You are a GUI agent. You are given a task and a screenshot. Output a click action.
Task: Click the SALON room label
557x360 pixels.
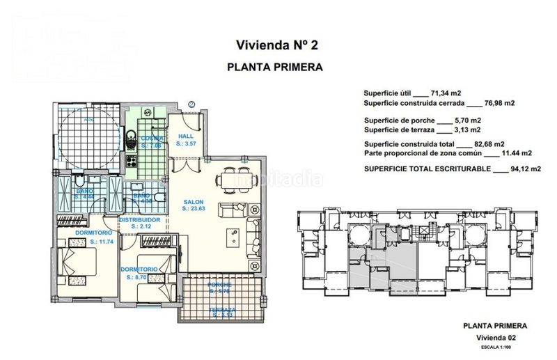coord(193,203)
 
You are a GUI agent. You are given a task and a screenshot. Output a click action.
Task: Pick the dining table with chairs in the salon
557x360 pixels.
coord(230,180)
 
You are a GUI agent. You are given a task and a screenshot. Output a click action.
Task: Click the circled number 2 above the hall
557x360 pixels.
coord(191,105)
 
